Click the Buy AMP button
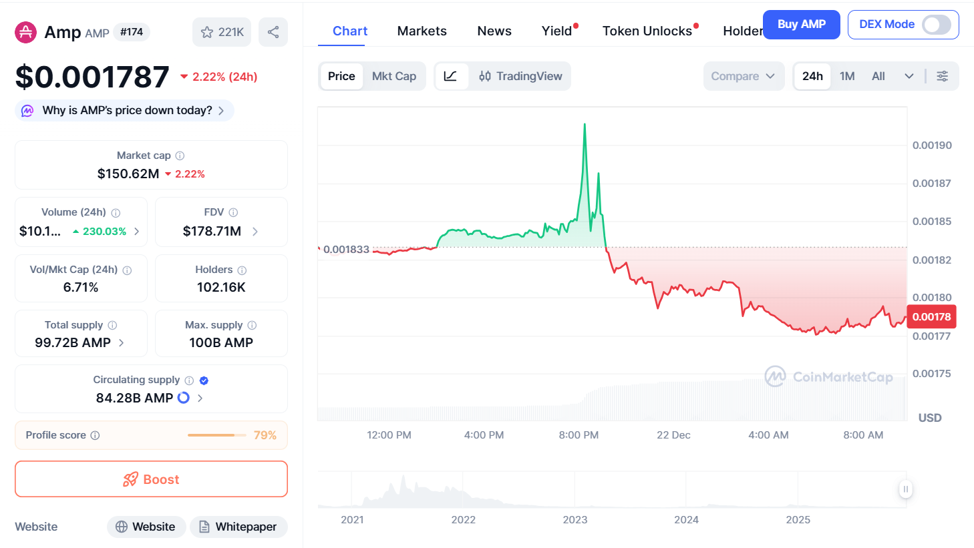tap(801, 25)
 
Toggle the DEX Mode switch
tap(936, 25)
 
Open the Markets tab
tap(422, 31)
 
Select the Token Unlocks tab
tap(647, 31)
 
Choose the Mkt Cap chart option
tap(393, 76)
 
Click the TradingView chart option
tap(520, 76)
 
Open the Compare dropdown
tap(743, 76)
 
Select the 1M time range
tap(847, 76)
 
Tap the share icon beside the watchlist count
tap(273, 32)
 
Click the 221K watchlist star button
tap(222, 32)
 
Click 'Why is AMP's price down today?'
tap(127, 110)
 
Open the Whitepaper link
tap(238, 527)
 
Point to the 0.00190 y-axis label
tap(932, 146)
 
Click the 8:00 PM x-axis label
tap(579, 435)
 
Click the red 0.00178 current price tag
tap(931, 317)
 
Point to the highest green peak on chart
tap(585, 125)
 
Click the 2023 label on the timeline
tap(575, 520)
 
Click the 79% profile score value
tap(265, 435)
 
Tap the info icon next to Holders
tap(242, 270)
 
